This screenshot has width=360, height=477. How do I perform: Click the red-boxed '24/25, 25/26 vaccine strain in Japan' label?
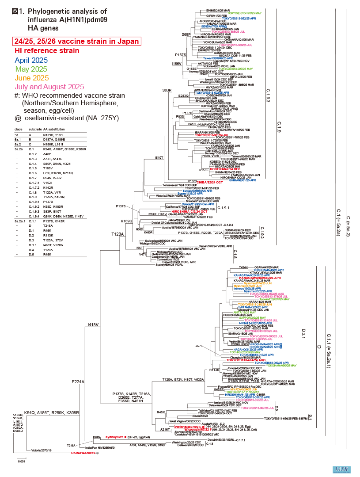click(76, 42)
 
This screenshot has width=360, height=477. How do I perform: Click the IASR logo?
click(340, 469)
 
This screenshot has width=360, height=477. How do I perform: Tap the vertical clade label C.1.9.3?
click(268, 95)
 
